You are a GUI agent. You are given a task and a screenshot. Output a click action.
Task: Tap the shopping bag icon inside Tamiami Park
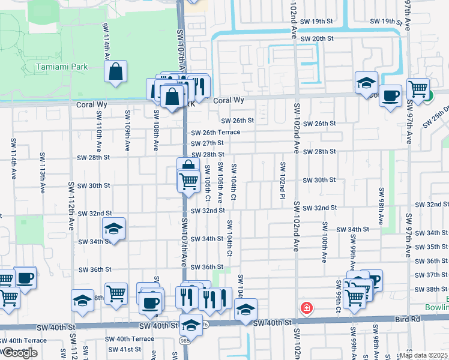pos(116,72)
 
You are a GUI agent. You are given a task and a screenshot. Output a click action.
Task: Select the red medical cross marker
pos(307,308)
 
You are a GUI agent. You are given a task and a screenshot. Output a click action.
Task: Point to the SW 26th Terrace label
pos(215,132)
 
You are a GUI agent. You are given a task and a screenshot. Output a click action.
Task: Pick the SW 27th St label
pos(207,143)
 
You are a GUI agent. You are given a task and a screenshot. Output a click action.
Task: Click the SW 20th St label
pos(317,38)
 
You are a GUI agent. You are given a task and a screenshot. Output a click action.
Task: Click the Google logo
pos(19,353)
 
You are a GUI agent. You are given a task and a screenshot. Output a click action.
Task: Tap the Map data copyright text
pos(423,355)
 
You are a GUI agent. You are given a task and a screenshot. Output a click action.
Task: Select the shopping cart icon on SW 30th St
pos(189,180)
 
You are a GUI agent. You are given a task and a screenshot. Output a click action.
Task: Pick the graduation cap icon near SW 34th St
pos(113,229)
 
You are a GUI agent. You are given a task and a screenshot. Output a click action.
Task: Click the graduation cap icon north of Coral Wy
pos(366,84)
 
